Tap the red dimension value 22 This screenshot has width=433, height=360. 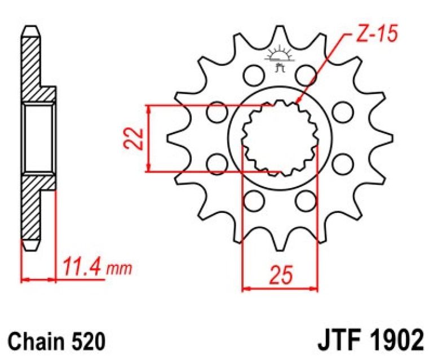133,139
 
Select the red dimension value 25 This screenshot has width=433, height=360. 281,275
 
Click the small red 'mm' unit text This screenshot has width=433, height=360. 120,269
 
